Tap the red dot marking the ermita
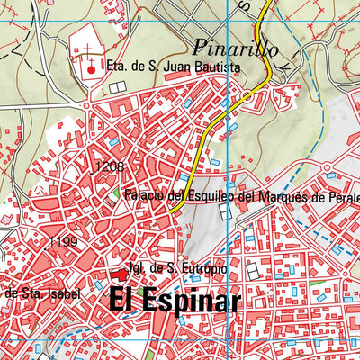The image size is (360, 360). pyautogui.click(x=90, y=68)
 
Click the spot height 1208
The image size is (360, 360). pyautogui.click(x=107, y=167)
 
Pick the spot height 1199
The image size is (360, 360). pyautogui.click(x=64, y=242)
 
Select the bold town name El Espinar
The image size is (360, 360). pyautogui.click(x=175, y=301)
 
